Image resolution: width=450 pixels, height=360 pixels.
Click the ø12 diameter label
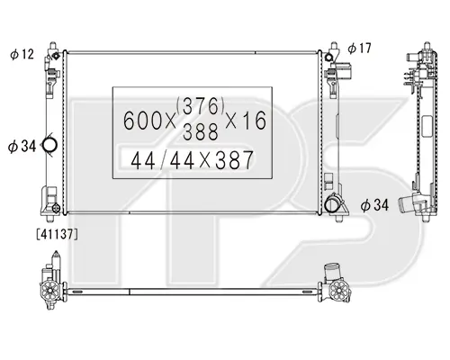22,54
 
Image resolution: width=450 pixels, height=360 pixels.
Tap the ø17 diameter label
359,48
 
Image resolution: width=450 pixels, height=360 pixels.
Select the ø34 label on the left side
22,146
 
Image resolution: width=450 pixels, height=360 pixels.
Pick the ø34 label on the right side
374,205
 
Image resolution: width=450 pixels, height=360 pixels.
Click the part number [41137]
57,234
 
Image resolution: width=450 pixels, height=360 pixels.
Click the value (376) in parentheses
201,106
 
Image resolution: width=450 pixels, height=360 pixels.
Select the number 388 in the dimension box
201,131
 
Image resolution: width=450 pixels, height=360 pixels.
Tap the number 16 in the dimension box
255,120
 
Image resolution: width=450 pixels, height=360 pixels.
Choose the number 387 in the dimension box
234,160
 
